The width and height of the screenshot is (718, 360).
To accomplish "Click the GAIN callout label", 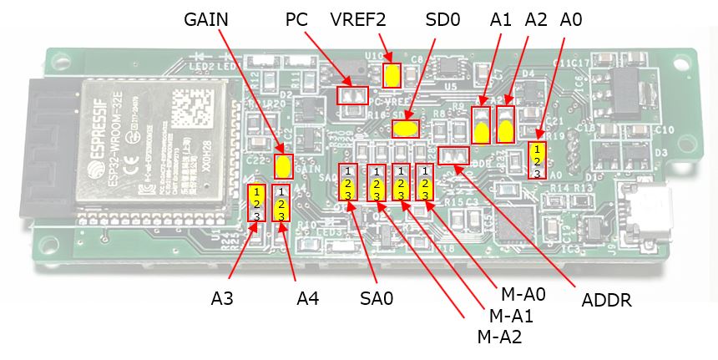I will click(x=206, y=21).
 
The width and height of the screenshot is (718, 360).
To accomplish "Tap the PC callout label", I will click(x=296, y=20).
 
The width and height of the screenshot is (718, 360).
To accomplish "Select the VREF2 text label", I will click(x=357, y=20).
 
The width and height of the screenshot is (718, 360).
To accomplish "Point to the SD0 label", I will click(x=442, y=20).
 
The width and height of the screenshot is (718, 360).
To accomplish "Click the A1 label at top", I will click(x=501, y=20).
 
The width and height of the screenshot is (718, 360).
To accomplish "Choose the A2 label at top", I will click(x=536, y=20).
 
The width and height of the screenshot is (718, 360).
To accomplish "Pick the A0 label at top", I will click(x=571, y=20).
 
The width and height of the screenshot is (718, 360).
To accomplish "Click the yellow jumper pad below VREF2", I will click(x=391, y=76).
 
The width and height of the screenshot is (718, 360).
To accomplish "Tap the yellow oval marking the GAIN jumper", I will click(x=284, y=165).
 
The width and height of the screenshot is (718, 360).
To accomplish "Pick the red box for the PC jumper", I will click(x=352, y=94).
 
